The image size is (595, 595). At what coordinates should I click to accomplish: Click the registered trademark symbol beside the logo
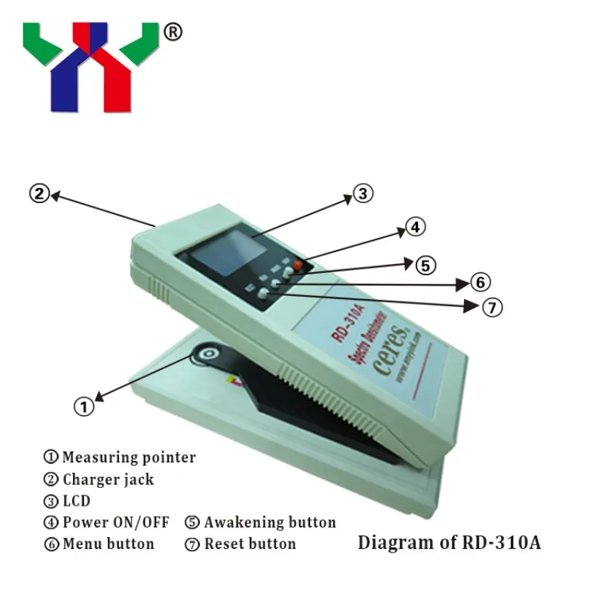pos(172,32)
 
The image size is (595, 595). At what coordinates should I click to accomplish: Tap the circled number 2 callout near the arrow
pos(39,194)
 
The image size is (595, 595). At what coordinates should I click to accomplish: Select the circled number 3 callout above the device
pos(361,194)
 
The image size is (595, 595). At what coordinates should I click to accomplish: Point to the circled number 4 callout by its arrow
pos(415,228)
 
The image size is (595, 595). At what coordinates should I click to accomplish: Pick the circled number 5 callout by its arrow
pos(426,265)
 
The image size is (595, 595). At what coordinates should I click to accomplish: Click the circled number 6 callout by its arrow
pos(480,283)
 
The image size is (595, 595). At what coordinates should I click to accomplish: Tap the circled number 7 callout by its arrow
pos(492,306)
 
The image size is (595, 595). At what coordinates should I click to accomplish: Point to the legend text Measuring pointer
pos(129,457)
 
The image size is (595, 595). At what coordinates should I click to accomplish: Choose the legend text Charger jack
pos(108,479)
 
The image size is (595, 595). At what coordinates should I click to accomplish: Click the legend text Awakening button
pos(270,522)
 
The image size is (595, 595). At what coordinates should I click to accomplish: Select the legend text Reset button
pos(250,544)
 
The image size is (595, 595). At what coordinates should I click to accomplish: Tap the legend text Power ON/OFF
pos(115,522)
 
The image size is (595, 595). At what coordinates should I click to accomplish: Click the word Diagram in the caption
pos(393,542)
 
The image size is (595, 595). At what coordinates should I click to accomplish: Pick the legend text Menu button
pos(108,544)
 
